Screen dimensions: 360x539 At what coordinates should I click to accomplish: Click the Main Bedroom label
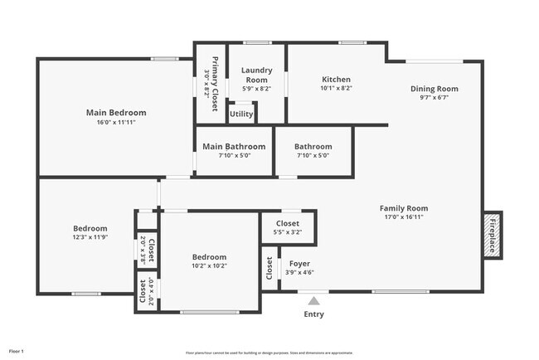(116, 112)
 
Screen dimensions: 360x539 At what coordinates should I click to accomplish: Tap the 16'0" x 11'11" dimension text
(116, 122)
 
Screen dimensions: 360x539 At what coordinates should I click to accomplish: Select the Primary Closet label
(215, 84)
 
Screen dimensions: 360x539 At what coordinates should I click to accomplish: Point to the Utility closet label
(241, 114)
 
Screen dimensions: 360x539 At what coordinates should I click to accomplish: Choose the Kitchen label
(336, 79)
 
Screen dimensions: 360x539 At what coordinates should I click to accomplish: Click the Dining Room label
(434, 89)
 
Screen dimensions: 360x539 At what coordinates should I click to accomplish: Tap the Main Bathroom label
(234, 146)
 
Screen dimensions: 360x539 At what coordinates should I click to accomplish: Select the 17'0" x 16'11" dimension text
(404, 217)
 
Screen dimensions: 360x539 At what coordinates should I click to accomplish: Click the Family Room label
(404, 208)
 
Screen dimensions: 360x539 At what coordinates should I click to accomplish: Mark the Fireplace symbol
(493, 234)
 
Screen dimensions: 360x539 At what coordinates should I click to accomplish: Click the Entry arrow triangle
(313, 301)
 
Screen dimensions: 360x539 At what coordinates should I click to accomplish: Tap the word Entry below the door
(314, 314)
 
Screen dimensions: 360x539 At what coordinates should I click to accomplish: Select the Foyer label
(299, 263)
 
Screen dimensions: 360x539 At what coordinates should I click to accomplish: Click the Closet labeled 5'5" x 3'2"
(287, 223)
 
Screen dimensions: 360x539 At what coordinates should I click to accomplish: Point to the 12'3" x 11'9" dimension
(90, 237)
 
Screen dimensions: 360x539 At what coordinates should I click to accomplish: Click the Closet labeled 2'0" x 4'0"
(143, 291)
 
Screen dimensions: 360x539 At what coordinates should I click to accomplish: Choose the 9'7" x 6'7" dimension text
(434, 98)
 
